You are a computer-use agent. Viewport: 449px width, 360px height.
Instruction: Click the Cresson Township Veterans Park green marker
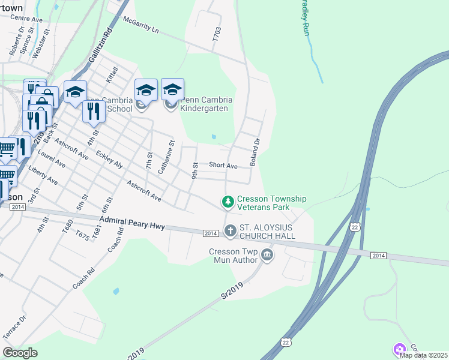pyautogui.click(x=228, y=202)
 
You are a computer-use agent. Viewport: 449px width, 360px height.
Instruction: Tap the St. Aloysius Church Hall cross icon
pyautogui.click(x=231, y=230)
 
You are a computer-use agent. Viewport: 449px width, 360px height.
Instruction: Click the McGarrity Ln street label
pyautogui.click(x=142, y=26)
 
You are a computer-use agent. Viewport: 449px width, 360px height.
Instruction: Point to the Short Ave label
pyautogui.click(x=223, y=166)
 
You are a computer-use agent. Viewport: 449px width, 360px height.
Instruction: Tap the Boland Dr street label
pyautogui.click(x=256, y=152)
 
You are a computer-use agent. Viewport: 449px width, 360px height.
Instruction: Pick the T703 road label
pyautogui.click(x=217, y=34)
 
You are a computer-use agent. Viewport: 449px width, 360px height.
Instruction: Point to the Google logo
pyautogui.click(x=20, y=353)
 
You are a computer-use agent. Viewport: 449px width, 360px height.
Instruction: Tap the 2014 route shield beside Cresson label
pyautogui.click(x=17, y=207)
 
